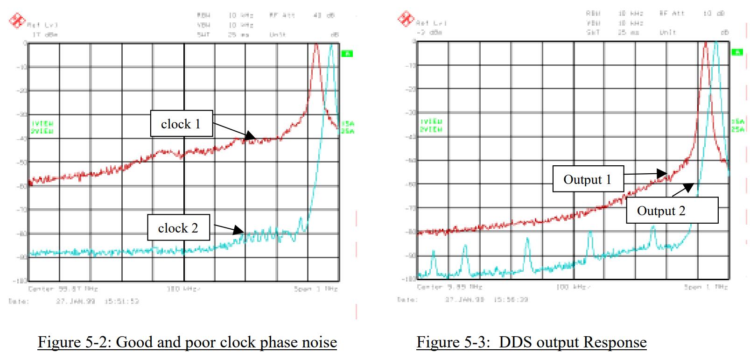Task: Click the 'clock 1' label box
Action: (181, 124)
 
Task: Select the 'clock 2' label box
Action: (178, 228)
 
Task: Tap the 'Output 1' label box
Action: (588, 179)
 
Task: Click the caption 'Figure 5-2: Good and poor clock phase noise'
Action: (187, 342)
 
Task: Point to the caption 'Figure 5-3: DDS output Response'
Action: (531, 342)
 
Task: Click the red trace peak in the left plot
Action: (316, 45)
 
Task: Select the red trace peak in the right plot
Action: (706, 43)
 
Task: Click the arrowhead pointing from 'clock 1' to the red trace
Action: (252, 137)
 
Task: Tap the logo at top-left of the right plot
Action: (405, 18)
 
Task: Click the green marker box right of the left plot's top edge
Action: (347, 54)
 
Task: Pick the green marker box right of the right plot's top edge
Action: (737, 52)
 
